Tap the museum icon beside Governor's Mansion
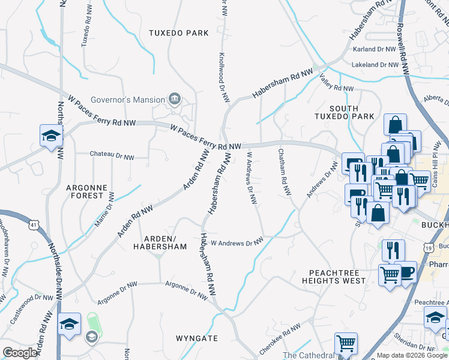[x=175, y=98]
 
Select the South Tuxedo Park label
[x=344, y=112]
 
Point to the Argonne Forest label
[x=87, y=192]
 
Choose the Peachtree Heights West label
[x=334, y=277]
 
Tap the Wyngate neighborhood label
[x=197, y=338]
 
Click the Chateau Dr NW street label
[x=112, y=155]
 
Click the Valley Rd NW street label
[x=336, y=85]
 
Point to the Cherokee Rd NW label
[x=279, y=338]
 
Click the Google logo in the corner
[x=20, y=353]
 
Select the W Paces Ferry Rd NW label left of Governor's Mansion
[x=102, y=109]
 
